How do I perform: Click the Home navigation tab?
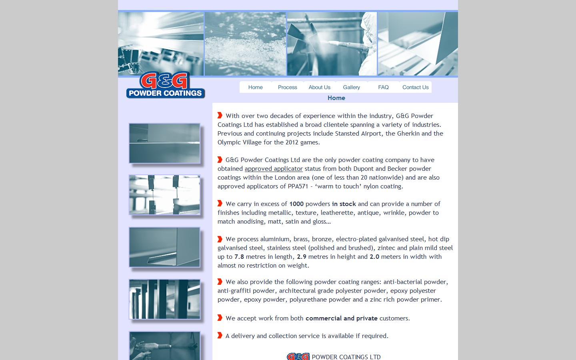coord(255,87)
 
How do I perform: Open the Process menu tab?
coord(287,87)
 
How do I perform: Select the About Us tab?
coord(319,87)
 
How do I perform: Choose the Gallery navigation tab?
coord(351,87)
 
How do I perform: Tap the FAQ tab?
coord(383,87)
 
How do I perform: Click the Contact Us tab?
coord(415,87)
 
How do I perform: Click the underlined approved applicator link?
coord(274,169)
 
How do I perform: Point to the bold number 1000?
coord(296,204)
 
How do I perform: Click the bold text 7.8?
coord(239,257)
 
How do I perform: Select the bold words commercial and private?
coord(341,318)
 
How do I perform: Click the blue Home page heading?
coord(336,98)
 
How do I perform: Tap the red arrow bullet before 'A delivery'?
coord(220,335)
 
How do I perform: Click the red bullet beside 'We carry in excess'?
coord(220,203)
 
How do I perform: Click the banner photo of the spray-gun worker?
coord(332,44)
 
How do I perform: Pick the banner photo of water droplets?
coord(245,44)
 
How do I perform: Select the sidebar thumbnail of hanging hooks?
coord(164,195)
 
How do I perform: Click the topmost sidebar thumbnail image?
coord(164,143)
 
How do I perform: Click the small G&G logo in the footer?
coord(298,356)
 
